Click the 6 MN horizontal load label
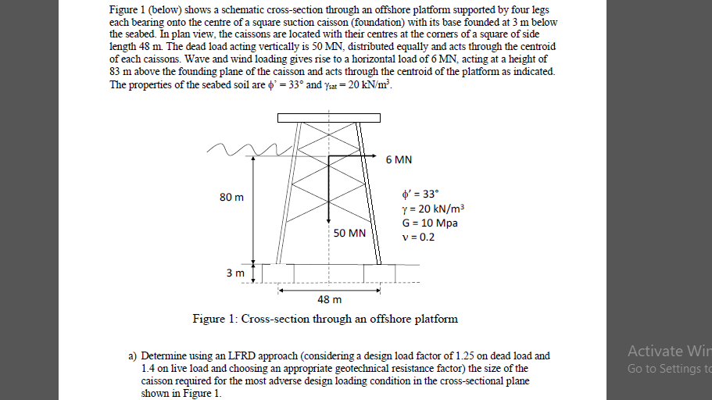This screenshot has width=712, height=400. (399, 160)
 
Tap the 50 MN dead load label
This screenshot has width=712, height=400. (349, 233)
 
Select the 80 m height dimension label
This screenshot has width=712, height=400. (231, 197)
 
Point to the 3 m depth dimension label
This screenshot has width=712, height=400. (234, 273)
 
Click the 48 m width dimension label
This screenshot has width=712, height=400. (329, 299)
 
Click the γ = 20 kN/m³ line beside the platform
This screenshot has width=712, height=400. (432, 209)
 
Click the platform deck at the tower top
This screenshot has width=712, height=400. (329, 117)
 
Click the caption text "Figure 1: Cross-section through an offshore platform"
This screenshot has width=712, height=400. (325, 319)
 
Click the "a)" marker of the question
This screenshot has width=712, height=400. (133, 355)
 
